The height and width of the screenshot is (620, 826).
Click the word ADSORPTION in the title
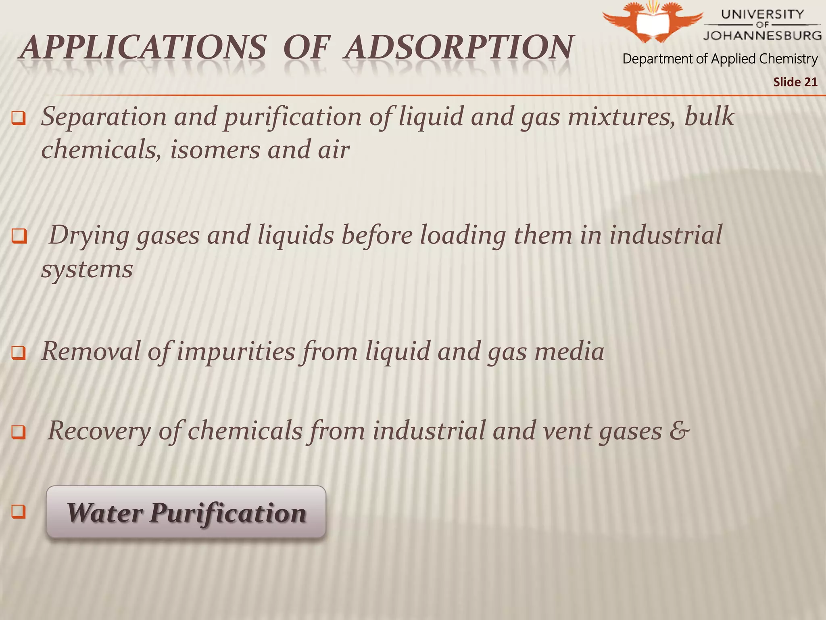pyautogui.click(x=459, y=48)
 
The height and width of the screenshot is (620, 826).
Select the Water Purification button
pyautogui.click(x=186, y=512)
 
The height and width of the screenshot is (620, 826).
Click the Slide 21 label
pyautogui.click(x=795, y=82)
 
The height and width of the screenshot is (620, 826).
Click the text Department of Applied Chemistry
pyautogui.click(x=720, y=59)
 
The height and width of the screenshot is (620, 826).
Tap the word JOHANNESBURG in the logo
pyautogui.click(x=762, y=36)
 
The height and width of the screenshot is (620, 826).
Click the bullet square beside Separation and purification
pyautogui.click(x=19, y=118)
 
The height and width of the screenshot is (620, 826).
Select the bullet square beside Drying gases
pyautogui.click(x=19, y=236)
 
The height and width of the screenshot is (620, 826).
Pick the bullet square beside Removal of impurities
pyautogui.click(x=19, y=352)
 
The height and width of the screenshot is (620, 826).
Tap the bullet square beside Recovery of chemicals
pyautogui.click(x=19, y=432)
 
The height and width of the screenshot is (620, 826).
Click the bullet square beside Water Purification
pyautogui.click(x=19, y=511)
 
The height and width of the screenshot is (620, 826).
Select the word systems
pyautogui.click(x=87, y=269)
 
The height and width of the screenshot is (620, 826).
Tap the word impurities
pyautogui.click(x=236, y=351)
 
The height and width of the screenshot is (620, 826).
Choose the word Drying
pyautogui.click(x=88, y=236)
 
